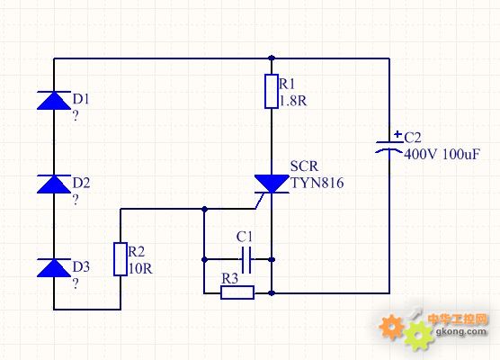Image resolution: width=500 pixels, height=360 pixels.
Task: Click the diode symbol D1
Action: click(x=54, y=100)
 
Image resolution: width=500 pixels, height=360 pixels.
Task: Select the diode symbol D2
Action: click(x=54, y=184)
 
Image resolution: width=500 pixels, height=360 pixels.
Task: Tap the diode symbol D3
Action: click(x=54, y=268)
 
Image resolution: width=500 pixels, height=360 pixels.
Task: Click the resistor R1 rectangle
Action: click(x=272, y=91)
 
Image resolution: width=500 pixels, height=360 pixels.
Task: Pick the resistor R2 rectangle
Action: click(x=121, y=259)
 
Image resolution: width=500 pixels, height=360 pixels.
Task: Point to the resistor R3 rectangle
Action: click(x=237, y=292)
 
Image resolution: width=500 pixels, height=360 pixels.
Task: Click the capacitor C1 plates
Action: click(x=246, y=260)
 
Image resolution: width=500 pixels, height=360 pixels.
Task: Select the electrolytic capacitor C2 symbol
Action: click(x=389, y=147)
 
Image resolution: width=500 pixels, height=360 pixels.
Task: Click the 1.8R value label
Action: click(x=293, y=101)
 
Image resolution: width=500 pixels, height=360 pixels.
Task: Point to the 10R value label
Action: click(x=140, y=269)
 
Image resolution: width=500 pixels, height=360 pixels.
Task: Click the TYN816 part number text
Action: click(x=317, y=183)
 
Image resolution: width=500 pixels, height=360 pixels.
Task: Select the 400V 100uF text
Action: click(x=442, y=154)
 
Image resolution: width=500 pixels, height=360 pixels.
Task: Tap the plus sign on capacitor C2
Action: click(x=397, y=134)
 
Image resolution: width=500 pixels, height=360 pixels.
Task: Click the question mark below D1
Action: click(x=76, y=116)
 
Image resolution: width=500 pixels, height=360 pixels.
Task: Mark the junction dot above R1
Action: click(x=272, y=58)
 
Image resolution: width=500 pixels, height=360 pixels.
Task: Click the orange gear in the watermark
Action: click(x=391, y=327)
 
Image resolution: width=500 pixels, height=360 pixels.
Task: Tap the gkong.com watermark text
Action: click(x=460, y=331)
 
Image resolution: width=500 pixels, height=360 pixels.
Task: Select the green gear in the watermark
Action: click(x=418, y=335)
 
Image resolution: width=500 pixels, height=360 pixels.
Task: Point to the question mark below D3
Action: click(x=76, y=283)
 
